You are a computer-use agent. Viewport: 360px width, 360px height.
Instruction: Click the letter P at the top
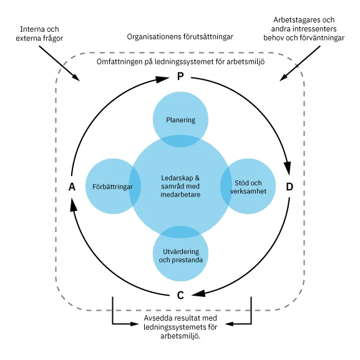180,77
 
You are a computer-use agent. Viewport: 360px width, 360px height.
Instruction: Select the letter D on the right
289,187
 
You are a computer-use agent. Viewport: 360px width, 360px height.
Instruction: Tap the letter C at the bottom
180,295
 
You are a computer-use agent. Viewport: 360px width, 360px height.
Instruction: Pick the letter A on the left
72,187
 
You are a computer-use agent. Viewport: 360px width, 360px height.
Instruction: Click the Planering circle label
180,120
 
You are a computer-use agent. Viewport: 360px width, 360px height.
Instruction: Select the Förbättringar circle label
113,187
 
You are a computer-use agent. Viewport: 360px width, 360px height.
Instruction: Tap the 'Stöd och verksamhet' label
248,187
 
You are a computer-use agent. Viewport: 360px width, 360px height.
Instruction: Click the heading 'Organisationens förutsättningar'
180,37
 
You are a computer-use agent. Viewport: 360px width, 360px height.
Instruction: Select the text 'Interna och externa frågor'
41,34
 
